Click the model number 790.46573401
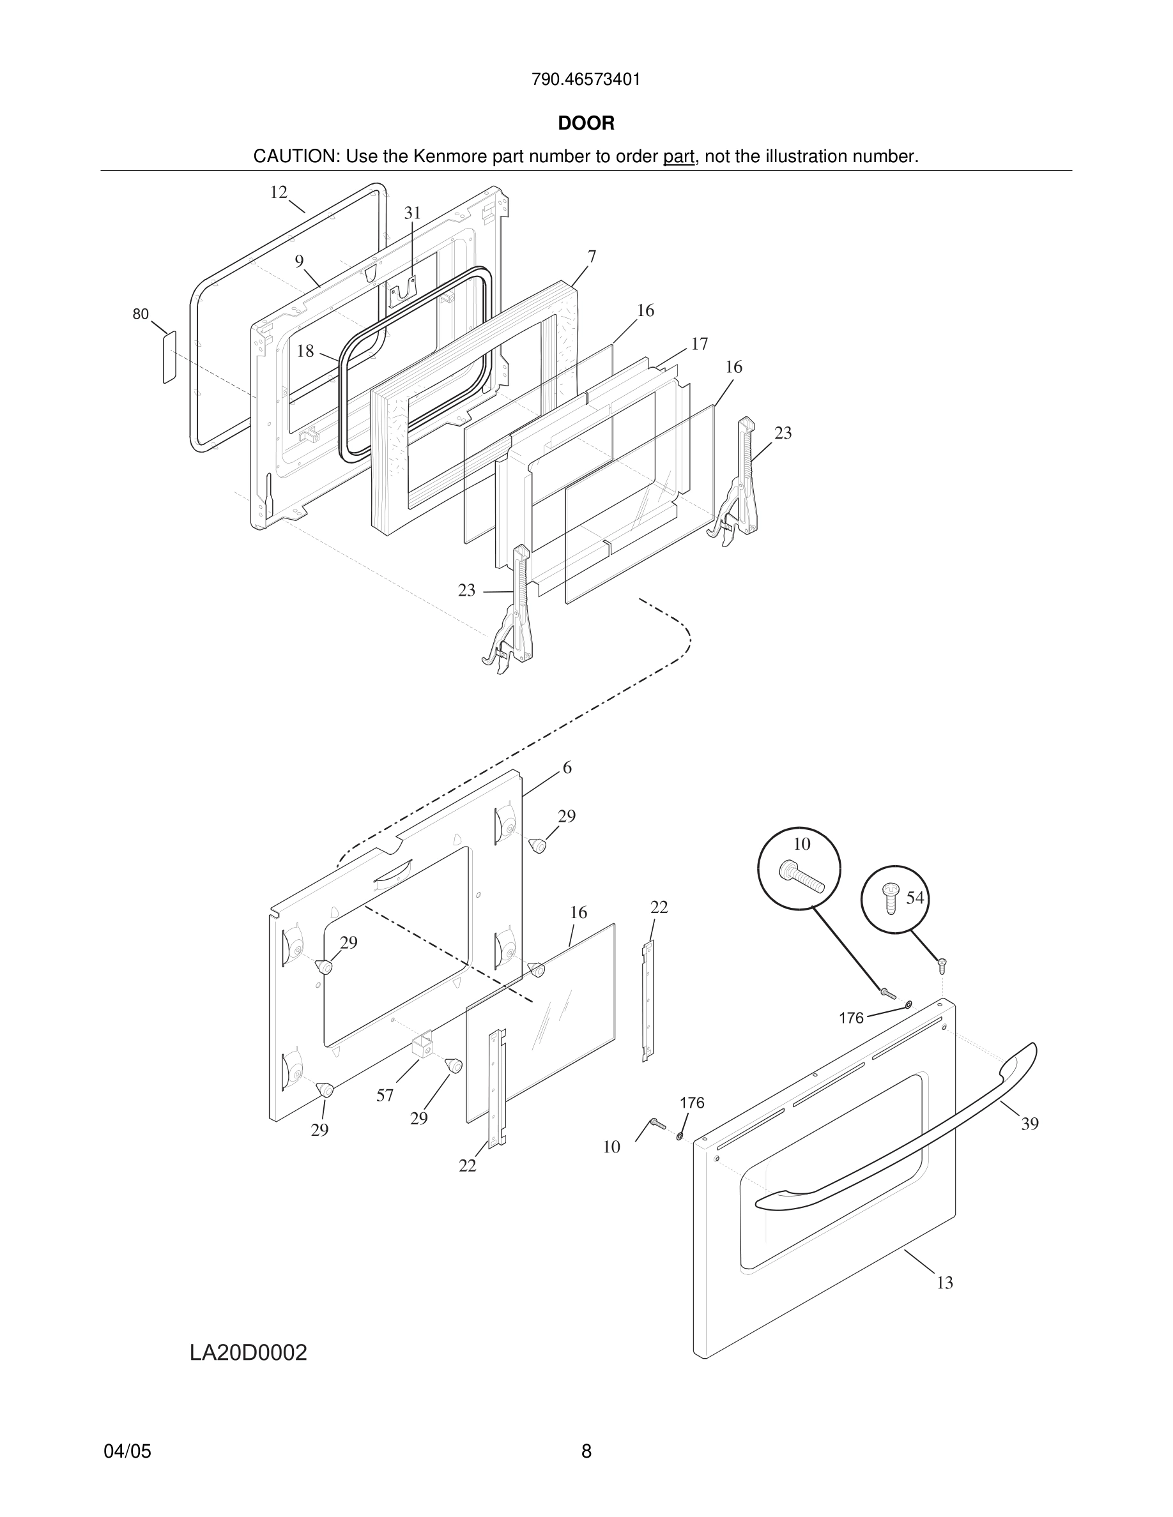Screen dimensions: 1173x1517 point(586,80)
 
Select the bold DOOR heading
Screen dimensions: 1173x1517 point(586,124)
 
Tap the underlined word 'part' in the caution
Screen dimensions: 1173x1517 point(678,157)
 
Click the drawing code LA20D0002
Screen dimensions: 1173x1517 point(248,1352)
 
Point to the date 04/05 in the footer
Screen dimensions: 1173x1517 point(127,1451)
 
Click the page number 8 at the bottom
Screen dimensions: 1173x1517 point(586,1451)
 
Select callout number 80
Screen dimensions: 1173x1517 point(141,315)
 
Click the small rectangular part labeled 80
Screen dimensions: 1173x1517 point(169,357)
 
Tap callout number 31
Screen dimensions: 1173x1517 point(413,213)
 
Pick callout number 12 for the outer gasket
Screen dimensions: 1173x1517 point(279,192)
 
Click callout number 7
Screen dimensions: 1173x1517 point(592,257)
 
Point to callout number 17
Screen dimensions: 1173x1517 point(699,344)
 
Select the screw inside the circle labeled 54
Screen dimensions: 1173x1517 point(890,898)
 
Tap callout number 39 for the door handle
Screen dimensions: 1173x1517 point(1030,1124)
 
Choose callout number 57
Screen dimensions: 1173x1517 point(385,1096)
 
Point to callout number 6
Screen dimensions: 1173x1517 point(567,767)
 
